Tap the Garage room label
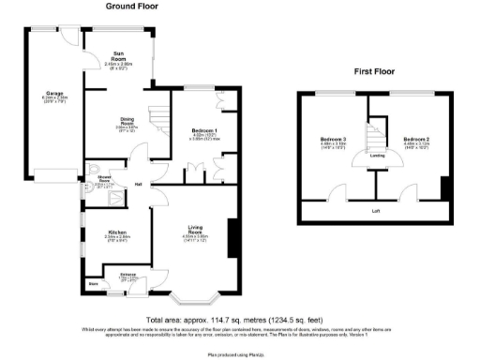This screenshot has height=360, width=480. click(53, 94)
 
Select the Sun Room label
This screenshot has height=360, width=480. click(118, 56)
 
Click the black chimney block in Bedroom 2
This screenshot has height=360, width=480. click(444, 187)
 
